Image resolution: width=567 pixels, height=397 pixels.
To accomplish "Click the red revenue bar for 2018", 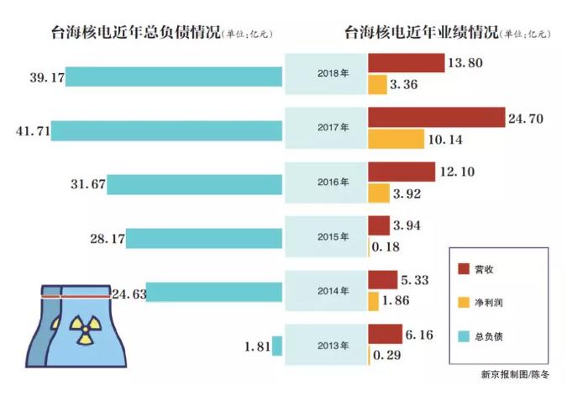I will [406, 63].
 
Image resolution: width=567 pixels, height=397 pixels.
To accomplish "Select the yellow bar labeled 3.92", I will [379, 193].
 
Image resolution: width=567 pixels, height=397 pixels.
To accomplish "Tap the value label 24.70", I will [526, 119].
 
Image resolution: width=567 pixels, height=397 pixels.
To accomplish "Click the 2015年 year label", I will [326, 236].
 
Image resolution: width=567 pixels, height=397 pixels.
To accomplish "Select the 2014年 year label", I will [326, 291].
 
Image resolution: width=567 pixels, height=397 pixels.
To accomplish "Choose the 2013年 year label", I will [326, 347].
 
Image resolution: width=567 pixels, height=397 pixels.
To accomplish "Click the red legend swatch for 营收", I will [463, 269].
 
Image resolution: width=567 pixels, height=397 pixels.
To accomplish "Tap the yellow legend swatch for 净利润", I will [463, 301].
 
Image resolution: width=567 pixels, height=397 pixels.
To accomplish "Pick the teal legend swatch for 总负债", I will [463, 335].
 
